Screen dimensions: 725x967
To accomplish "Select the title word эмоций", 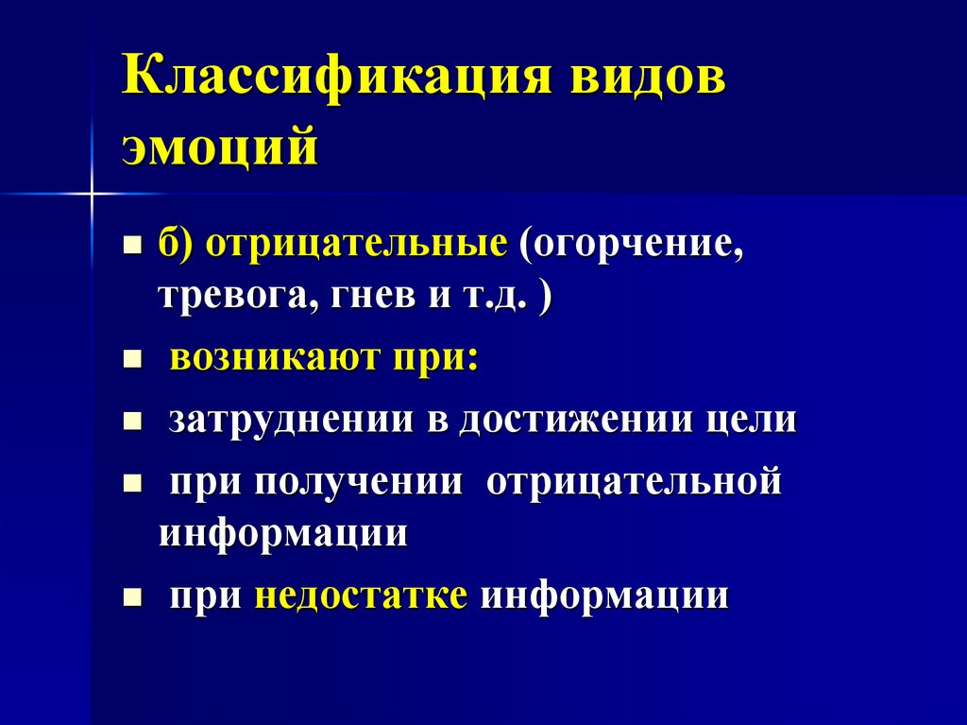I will coord(219,148).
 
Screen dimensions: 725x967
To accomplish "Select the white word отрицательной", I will coord(635,482).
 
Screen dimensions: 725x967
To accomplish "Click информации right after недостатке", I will coord(604,596).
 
